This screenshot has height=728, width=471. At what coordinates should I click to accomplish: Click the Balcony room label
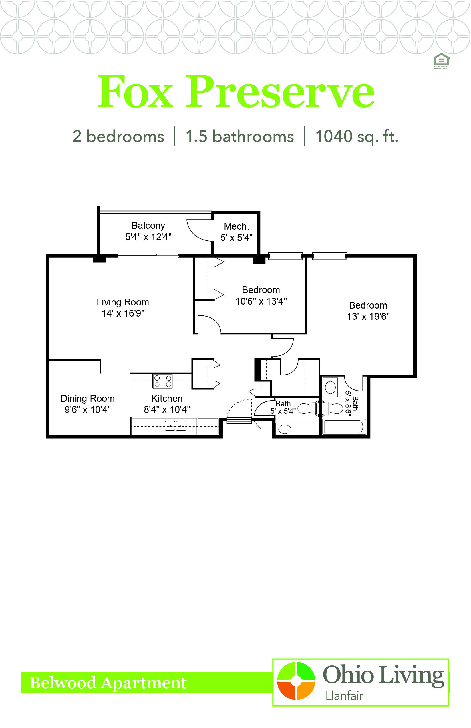(148, 226)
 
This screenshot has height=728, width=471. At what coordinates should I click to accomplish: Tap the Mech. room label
(236, 226)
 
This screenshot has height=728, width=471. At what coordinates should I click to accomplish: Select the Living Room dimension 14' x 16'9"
(123, 313)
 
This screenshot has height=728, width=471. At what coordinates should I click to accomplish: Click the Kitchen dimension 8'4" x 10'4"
(167, 409)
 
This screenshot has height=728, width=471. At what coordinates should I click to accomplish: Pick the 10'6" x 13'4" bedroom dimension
(261, 301)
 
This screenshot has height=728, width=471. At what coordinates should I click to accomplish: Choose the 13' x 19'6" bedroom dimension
(368, 316)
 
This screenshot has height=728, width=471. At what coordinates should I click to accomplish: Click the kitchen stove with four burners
(162, 381)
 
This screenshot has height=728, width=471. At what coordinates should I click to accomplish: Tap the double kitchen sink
(175, 426)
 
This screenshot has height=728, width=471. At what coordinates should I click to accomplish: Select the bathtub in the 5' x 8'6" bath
(344, 427)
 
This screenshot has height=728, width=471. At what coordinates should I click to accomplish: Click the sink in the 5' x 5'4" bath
(285, 429)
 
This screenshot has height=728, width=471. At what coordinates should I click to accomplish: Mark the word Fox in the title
(135, 92)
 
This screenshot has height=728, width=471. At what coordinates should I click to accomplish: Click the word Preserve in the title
(280, 92)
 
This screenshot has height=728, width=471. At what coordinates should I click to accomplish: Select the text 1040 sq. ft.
(357, 136)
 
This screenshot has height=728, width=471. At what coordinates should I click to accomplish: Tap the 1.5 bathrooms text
(239, 136)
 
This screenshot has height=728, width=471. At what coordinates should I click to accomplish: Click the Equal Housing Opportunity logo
(441, 61)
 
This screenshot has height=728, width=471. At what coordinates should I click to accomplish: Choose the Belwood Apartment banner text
(108, 683)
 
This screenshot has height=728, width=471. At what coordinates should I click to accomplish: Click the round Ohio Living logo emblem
(296, 681)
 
